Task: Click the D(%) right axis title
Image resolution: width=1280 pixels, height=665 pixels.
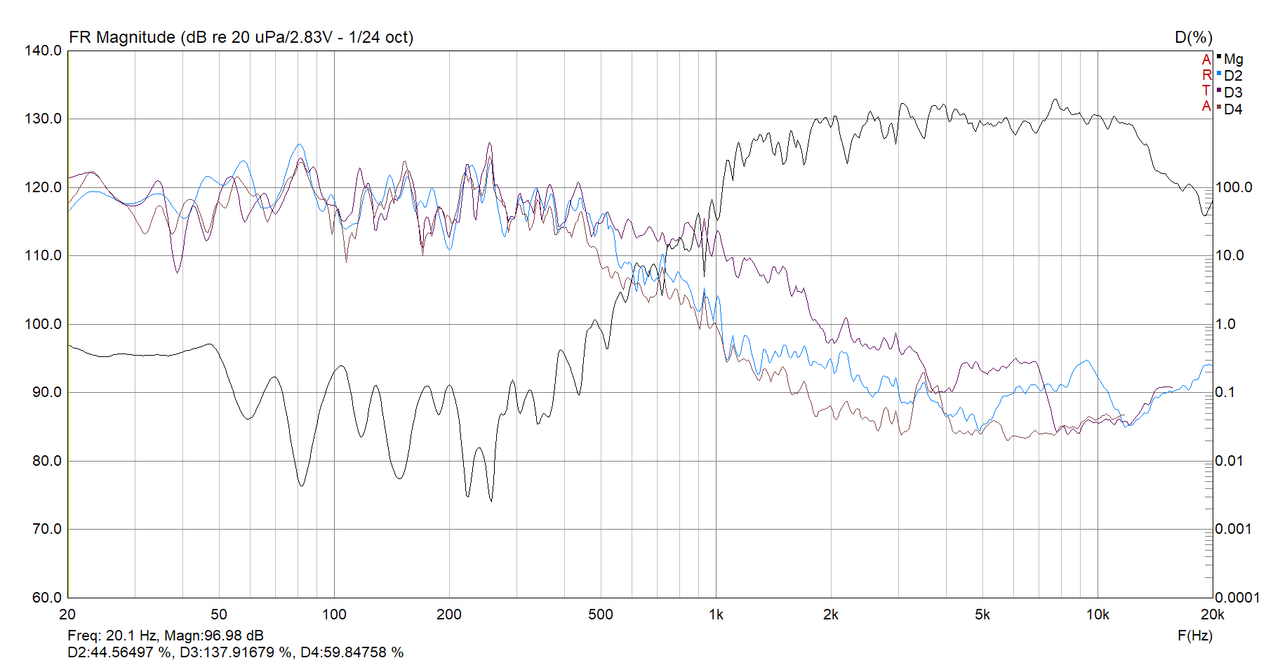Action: [x=1193, y=37]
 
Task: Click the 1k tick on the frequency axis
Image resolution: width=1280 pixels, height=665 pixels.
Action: [x=716, y=615]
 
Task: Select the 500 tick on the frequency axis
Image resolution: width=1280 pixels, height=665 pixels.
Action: [x=601, y=615]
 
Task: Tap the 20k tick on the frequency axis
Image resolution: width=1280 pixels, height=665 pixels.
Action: [x=1212, y=615]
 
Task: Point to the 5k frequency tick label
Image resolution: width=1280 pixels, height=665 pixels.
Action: [x=982, y=615]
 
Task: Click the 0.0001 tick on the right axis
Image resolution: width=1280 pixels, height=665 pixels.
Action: [x=1237, y=598]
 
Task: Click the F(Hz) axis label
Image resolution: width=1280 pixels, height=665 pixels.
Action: [x=1194, y=636]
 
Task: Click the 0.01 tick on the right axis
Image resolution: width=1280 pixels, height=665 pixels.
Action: [x=1230, y=461]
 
